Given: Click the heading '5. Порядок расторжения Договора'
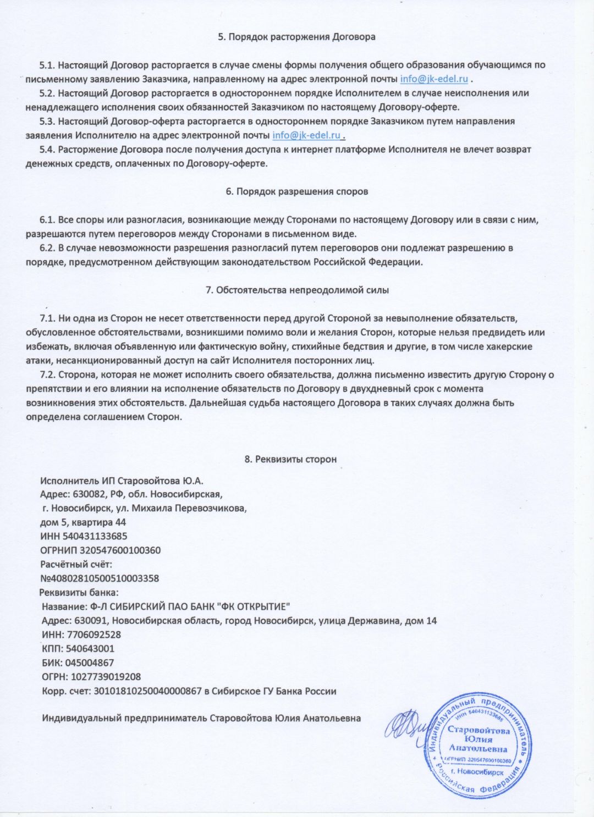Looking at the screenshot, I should pyautogui.click(x=296, y=37).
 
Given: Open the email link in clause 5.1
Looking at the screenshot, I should pyautogui.click(x=434, y=79).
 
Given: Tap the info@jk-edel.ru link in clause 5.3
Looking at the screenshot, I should pyautogui.click(x=307, y=135).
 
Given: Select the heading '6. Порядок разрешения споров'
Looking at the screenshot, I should pyautogui.click(x=296, y=191).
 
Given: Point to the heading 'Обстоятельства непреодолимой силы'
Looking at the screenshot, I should pyautogui.click(x=302, y=290).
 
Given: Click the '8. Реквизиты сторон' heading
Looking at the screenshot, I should pyautogui.click(x=290, y=459).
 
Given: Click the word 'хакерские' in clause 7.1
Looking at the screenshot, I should pyautogui.click(x=512, y=346).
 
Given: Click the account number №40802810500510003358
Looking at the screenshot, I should pyautogui.click(x=100, y=578).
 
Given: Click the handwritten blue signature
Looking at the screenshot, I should pyautogui.click(x=407, y=724).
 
